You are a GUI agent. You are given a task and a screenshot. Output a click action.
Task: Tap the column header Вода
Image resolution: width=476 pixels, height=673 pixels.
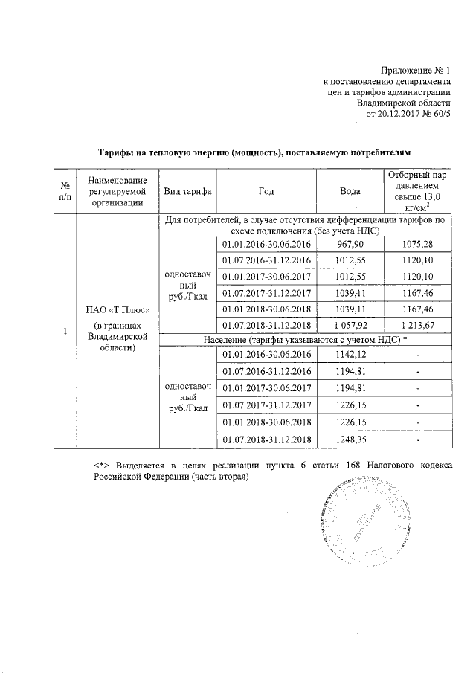coord(350,191)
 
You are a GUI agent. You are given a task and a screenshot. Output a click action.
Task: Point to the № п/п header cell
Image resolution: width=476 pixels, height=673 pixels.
coord(65,191)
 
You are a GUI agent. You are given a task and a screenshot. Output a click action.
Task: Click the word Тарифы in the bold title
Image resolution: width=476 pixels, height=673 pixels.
coord(118,152)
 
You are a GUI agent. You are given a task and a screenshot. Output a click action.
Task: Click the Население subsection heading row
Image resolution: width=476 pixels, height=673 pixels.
coord(303,340)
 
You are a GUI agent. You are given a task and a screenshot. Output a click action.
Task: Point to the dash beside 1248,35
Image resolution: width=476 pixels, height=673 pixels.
coord(418,440)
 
